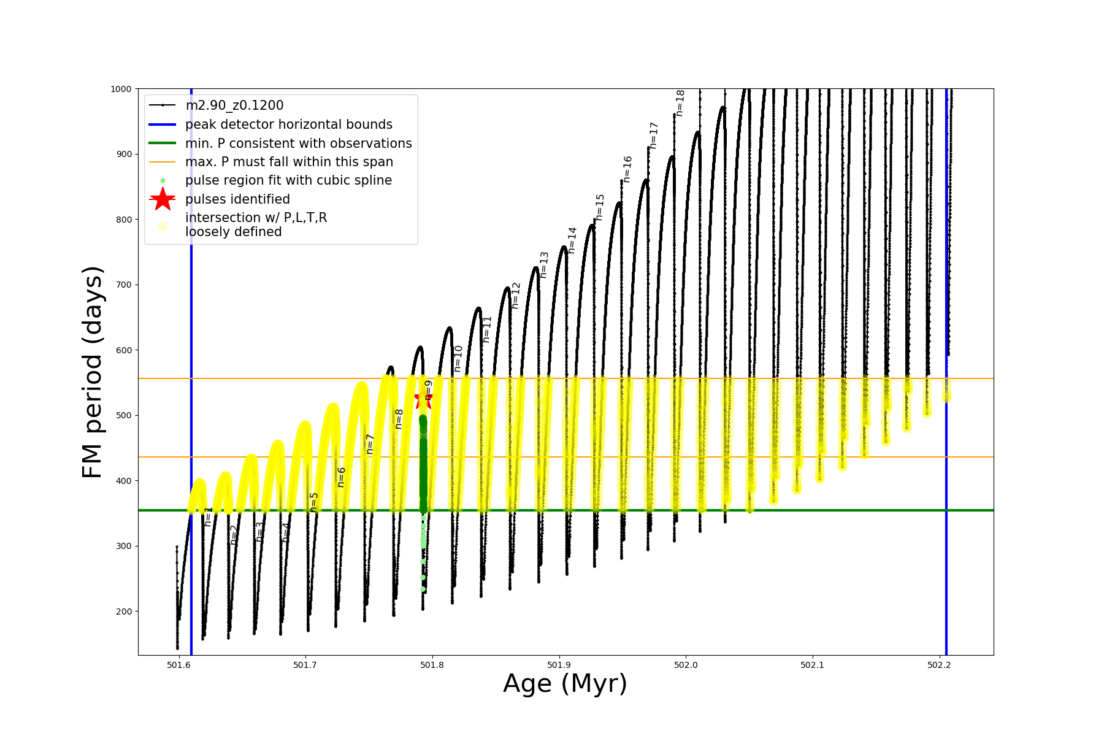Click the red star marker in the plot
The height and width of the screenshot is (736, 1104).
(423, 400)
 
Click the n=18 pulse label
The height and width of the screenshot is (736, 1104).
(680, 103)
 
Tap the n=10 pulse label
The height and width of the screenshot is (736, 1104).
(458, 358)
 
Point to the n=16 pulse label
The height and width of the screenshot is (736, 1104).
(627, 169)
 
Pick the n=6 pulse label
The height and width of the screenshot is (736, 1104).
(341, 477)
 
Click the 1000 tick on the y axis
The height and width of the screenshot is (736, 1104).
(121, 89)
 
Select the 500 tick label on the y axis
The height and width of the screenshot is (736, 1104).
(123, 415)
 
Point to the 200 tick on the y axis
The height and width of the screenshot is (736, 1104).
(123, 611)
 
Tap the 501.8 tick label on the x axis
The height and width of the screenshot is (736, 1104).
(432, 665)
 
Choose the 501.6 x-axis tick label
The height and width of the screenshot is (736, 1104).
(178, 665)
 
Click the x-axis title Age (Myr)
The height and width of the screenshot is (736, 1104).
(565, 684)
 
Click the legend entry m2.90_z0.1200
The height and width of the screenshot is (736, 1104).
(234, 105)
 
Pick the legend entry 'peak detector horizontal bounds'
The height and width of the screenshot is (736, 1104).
(288, 125)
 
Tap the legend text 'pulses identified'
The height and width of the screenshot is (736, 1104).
(237, 199)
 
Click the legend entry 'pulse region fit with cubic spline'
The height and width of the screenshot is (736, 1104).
(288, 180)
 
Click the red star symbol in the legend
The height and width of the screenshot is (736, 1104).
(163, 199)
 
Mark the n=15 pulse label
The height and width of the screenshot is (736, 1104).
(600, 207)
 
